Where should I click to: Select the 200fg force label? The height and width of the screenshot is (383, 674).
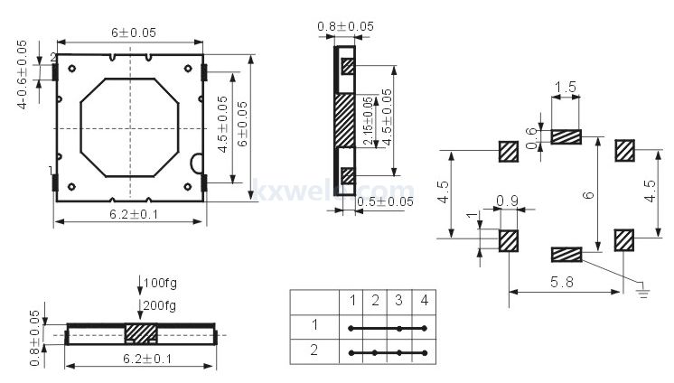click(160, 305)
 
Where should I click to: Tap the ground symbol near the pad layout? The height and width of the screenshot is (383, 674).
click(643, 289)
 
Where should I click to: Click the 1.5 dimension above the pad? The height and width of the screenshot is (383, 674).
click(566, 88)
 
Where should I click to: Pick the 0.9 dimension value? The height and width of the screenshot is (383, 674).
click(507, 201)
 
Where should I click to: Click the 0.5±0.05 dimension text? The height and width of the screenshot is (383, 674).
click(384, 201)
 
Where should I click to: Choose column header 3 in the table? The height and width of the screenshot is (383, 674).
click(398, 299)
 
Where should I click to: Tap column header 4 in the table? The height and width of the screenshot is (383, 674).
click(423, 299)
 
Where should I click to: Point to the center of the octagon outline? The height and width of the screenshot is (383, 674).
click(129, 127)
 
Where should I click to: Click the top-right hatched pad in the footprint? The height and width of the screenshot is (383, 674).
click(625, 150)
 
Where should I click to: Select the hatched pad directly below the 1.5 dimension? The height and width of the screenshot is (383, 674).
click(565, 137)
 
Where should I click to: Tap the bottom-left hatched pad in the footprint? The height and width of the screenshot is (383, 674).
click(509, 240)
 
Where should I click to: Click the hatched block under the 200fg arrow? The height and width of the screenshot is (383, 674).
click(141, 333)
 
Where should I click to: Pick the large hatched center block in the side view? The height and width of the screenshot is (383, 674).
click(345, 120)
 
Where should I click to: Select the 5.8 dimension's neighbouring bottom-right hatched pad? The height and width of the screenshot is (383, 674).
click(625, 240)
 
